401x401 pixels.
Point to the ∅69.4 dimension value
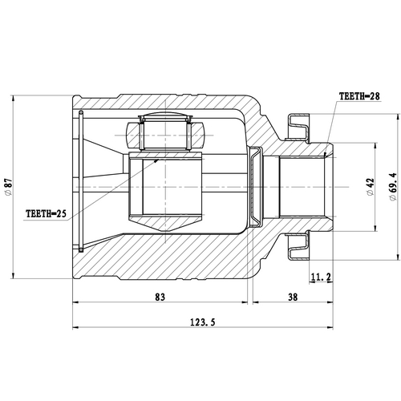tap(391, 188)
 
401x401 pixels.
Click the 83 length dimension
tap(160, 298)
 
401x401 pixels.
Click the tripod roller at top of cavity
tap(164, 132)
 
